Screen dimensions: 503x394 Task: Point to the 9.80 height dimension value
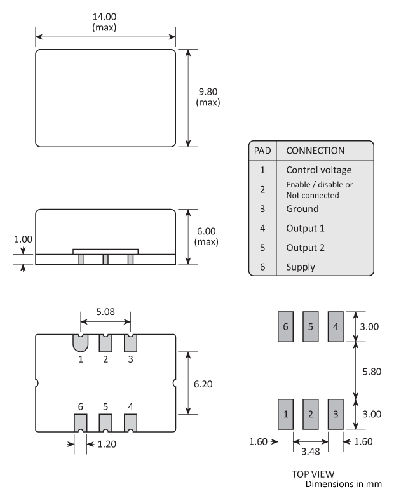208,91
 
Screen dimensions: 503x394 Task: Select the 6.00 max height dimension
208,232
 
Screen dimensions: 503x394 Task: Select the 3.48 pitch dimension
310,452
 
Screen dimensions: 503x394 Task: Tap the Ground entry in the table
302,208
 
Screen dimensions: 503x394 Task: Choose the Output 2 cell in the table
305,247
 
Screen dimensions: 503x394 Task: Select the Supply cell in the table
301,267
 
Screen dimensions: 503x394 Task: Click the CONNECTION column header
315,151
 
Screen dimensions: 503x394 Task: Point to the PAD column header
262,151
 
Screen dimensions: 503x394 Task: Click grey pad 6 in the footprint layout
285,326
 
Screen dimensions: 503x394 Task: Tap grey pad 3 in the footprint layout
335,414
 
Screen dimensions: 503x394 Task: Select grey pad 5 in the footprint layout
310,326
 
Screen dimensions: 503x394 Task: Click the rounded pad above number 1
80,343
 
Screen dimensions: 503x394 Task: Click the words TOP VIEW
313,474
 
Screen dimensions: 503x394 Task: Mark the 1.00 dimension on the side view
23,240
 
